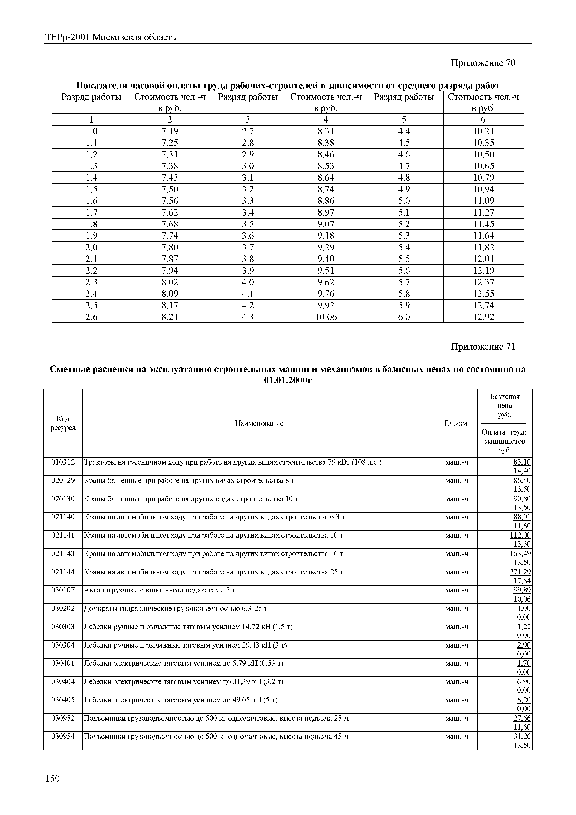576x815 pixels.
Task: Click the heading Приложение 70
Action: click(x=483, y=63)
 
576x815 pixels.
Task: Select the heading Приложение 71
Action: click(x=483, y=347)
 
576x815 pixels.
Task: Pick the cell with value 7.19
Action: click(x=170, y=131)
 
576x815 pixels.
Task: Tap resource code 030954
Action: click(x=63, y=736)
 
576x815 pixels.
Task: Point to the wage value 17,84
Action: click(x=522, y=581)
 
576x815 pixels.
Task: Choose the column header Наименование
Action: click(x=259, y=423)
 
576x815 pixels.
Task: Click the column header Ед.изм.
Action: click(x=456, y=423)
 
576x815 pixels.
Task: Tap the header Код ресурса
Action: click(x=63, y=423)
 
